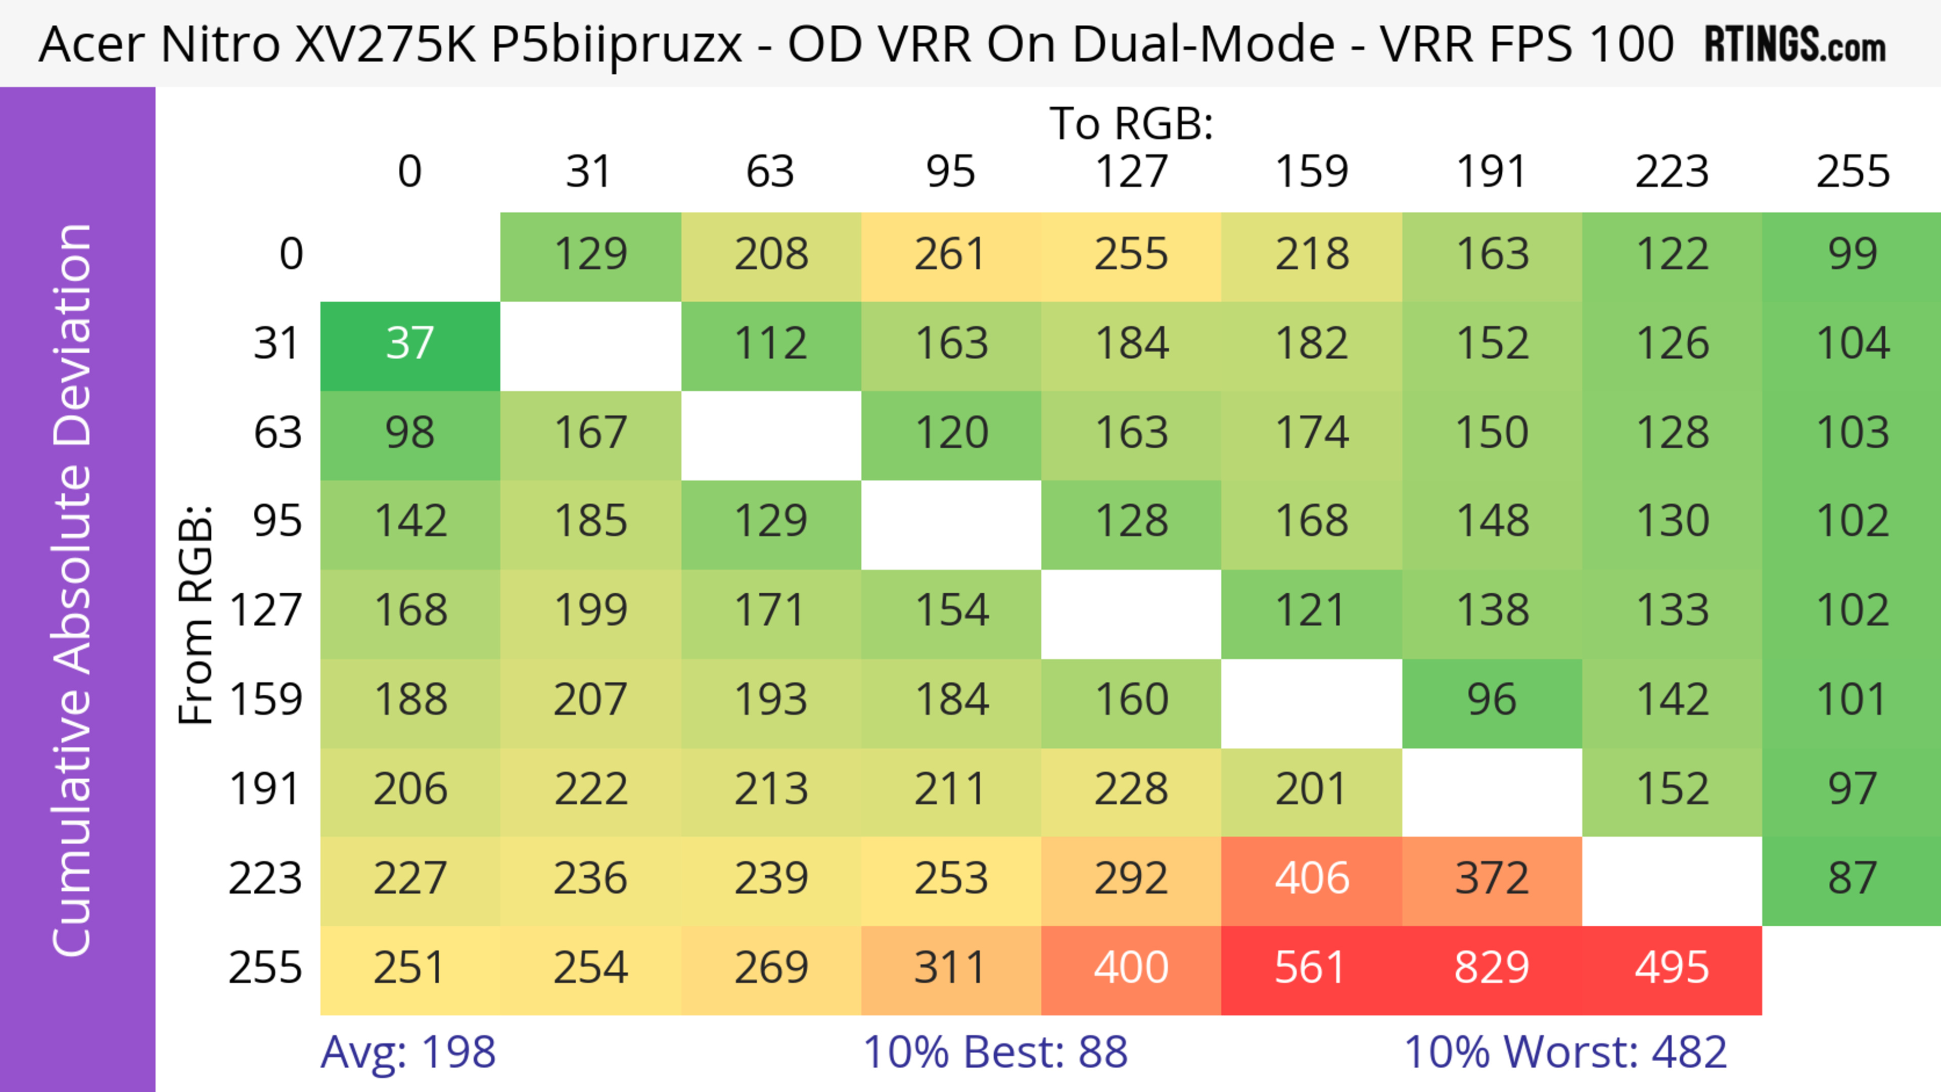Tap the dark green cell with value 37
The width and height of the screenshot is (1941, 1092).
point(410,344)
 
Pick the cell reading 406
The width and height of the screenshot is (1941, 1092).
point(1311,879)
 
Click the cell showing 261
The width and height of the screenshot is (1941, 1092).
point(950,255)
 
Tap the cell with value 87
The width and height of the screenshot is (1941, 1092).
point(1852,879)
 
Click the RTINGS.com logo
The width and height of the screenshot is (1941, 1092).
point(1795,44)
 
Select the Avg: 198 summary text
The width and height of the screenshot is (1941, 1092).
point(407,1052)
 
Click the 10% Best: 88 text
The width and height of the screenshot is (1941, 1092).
point(995,1052)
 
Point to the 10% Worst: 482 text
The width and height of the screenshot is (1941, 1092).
point(1565,1052)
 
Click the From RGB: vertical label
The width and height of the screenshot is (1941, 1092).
point(196,614)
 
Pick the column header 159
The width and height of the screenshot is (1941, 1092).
point(1311,172)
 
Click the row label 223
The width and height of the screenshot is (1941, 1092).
point(265,879)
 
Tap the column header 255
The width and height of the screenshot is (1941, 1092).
point(1852,172)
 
